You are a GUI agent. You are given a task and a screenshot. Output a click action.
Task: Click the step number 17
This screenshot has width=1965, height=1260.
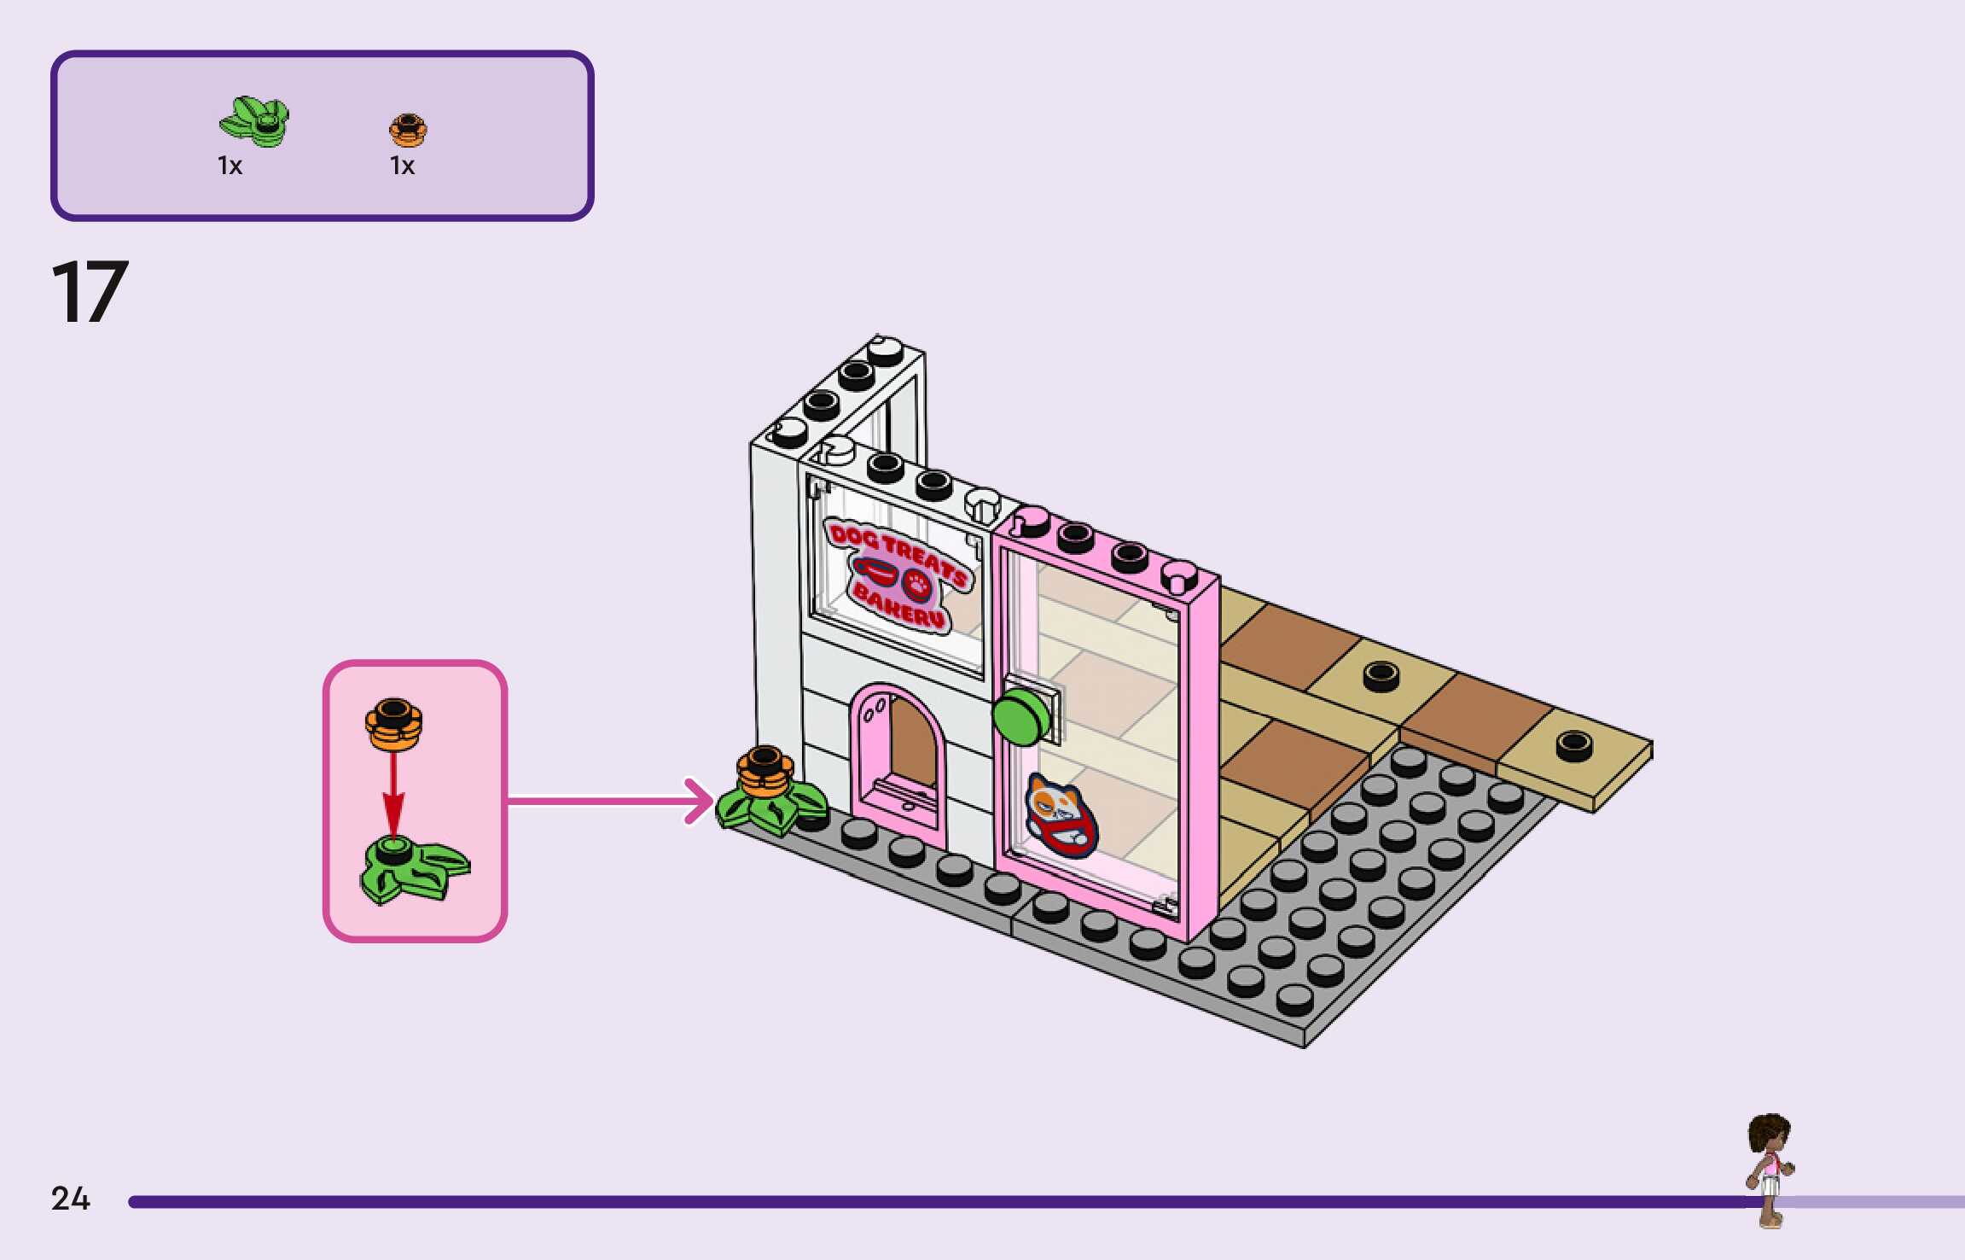[90, 292]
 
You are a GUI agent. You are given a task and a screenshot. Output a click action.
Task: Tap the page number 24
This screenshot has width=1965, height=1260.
[70, 1199]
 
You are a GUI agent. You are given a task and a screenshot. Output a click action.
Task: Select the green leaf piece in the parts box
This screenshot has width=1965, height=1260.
[254, 121]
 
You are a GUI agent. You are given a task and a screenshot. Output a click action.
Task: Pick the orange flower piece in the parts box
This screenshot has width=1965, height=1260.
[408, 130]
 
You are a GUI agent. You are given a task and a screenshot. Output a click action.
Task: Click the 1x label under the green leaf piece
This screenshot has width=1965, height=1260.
[230, 166]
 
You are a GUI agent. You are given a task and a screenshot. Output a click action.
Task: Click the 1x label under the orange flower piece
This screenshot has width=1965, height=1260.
[402, 166]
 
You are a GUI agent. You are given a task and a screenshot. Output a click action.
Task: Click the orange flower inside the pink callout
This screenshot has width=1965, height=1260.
[393, 723]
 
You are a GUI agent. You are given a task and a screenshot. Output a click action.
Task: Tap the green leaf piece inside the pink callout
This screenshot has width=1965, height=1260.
[411, 868]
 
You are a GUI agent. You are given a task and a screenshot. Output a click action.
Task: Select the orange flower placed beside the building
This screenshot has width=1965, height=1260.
[765, 772]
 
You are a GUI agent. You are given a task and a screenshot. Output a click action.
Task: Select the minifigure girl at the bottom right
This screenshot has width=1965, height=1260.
[1770, 1170]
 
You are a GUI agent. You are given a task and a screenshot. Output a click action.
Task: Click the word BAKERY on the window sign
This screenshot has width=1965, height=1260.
[899, 604]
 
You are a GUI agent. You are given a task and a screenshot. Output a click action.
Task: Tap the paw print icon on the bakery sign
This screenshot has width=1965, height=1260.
[918, 584]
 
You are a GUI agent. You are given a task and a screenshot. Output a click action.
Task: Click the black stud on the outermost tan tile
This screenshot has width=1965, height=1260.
[1573, 745]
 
